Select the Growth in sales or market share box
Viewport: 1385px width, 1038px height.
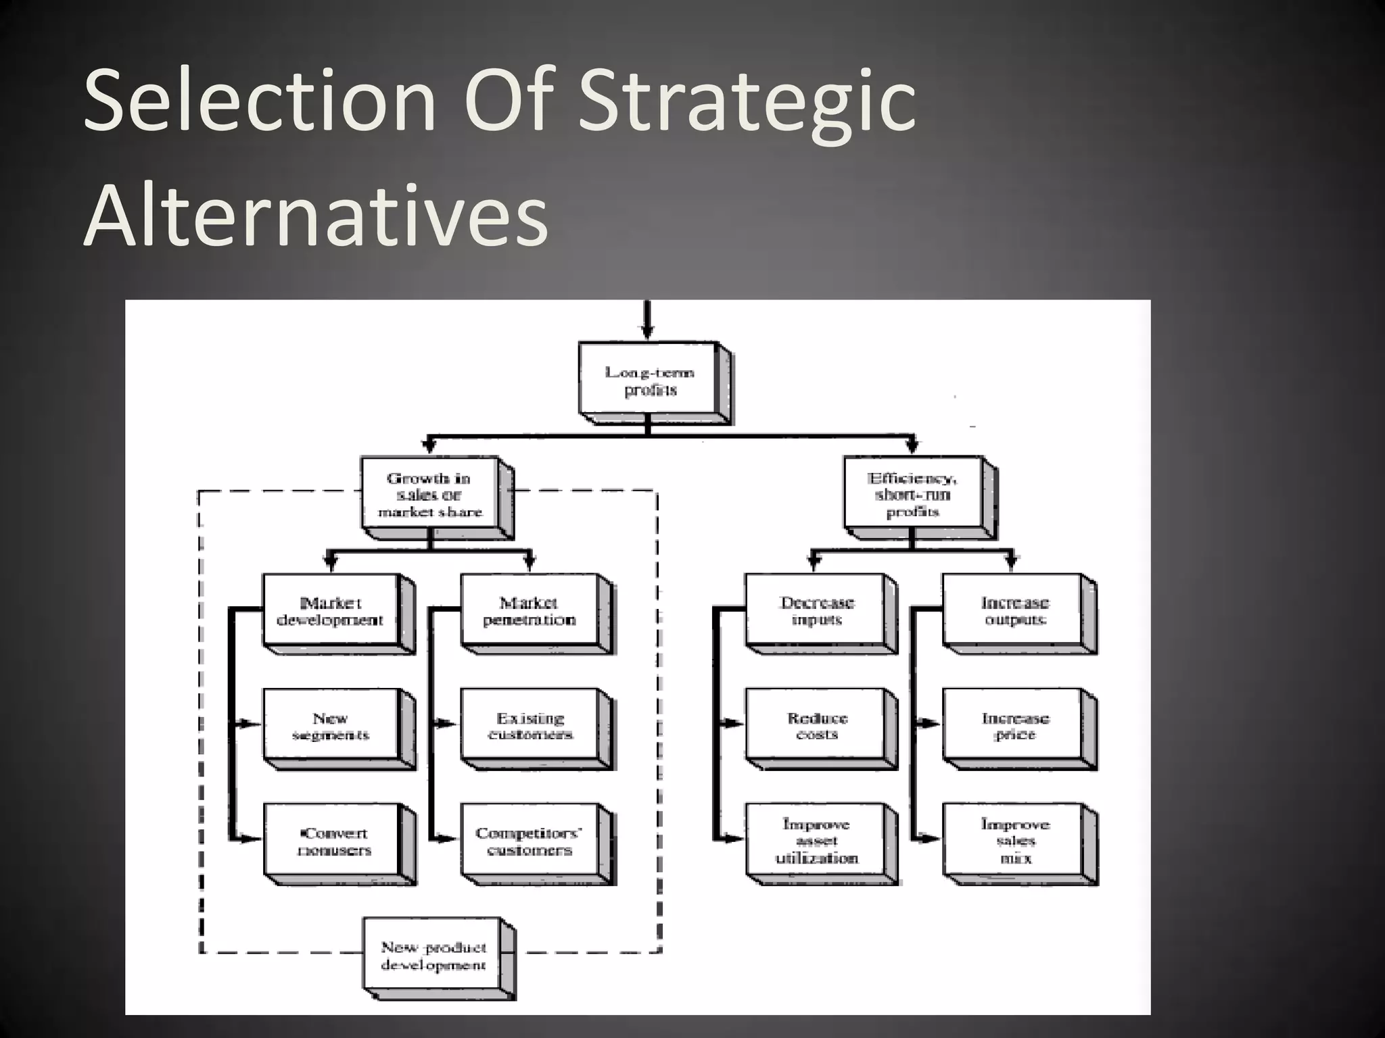[430, 495]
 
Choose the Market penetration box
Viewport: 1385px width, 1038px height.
[529, 611]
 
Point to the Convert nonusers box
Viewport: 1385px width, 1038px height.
[331, 841]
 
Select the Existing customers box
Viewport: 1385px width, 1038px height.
[529, 726]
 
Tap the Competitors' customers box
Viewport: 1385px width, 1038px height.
[529, 841]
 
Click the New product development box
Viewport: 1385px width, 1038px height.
[433, 956]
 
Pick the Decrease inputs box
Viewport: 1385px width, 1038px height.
[816, 611]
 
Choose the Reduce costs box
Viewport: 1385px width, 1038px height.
[816, 726]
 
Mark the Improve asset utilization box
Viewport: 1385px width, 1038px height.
[816, 841]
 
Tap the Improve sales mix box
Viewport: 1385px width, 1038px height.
[1014, 841]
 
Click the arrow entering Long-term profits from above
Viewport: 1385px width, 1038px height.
[647, 321]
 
